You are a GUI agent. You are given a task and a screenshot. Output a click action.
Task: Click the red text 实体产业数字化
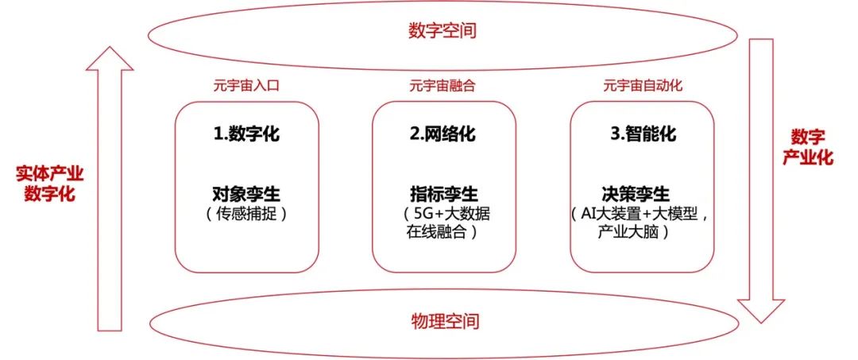pyautogui.click(x=49, y=184)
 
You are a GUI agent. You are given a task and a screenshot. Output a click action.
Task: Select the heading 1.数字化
pyautogui.click(x=246, y=134)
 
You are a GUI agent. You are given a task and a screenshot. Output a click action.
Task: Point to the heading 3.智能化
pyautogui.click(x=643, y=134)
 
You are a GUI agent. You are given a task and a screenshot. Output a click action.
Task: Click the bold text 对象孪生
pyautogui.click(x=246, y=194)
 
